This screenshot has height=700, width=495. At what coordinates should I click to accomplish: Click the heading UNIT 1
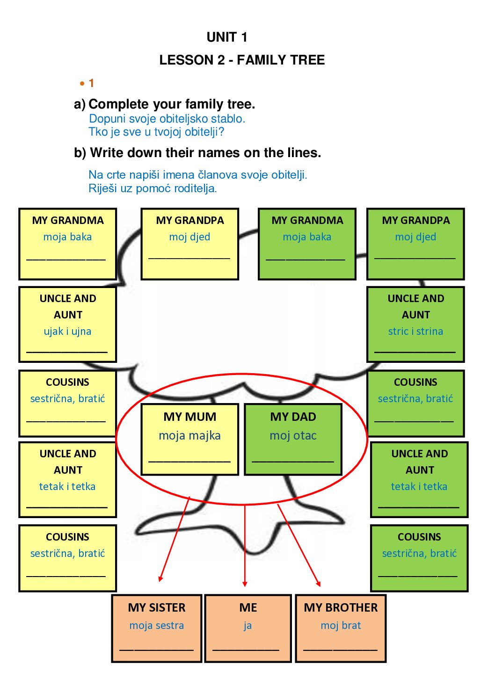coord(227,37)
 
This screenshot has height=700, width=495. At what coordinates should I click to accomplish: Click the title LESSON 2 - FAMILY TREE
coord(242,60)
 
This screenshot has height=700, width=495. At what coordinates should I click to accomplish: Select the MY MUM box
coord(190,439)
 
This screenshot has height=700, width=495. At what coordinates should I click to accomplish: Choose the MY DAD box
coord(293,439)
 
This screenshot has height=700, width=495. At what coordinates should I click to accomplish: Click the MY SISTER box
coord(157,628)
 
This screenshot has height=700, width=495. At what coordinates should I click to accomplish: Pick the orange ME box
coord(248,628)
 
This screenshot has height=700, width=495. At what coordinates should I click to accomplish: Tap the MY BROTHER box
coord(341,628)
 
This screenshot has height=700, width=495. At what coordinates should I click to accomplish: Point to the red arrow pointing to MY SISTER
coord(174,540)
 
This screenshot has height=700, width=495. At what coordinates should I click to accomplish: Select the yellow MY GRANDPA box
coord(190,244)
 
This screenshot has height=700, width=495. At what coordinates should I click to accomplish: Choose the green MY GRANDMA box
coord(307,244)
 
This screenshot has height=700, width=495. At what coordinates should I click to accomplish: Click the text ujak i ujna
coord(67,332)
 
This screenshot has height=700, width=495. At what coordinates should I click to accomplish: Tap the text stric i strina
coord(415,332)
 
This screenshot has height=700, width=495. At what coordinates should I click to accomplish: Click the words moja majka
coord(189,436)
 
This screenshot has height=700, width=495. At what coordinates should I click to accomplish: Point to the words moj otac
coord(293,436)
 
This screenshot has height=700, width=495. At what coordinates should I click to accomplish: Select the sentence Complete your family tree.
coord(172,104)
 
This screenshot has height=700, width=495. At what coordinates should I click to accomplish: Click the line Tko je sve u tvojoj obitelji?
coord(156,132)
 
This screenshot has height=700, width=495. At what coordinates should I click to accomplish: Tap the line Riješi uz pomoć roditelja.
coord(153,188)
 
